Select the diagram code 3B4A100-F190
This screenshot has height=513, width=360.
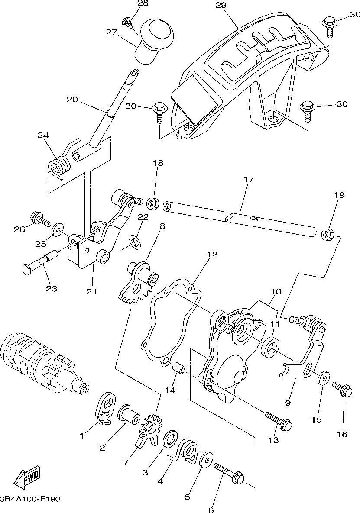click(30, 499)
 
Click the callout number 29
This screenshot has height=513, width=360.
click(221, 5)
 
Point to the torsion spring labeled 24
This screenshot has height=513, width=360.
click(58, 166)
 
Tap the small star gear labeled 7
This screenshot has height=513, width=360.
click(150, 428)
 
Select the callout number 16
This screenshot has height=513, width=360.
click(342, 434)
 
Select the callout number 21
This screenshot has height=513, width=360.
click(91, 291)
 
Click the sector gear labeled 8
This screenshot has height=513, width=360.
click(139, 281)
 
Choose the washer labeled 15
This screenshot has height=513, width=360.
click(323, 377)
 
